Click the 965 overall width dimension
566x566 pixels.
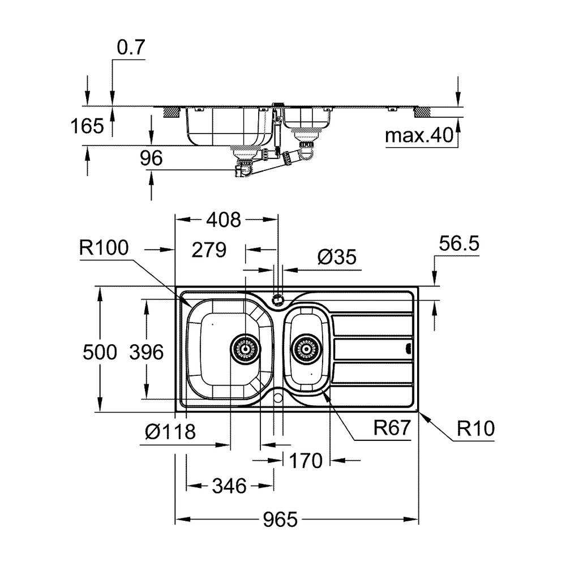point(280,520)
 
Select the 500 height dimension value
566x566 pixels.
point(100,352)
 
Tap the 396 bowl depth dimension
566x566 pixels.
point(147,352)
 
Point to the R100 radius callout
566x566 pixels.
point(104,248)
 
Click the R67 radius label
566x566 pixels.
point(392,428)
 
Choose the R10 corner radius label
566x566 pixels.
point(476,428)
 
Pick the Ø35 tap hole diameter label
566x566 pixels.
point(337,257)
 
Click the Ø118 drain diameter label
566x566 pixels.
point(170,431)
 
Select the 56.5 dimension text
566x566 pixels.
point(459,243)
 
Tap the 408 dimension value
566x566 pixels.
point(224,220)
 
